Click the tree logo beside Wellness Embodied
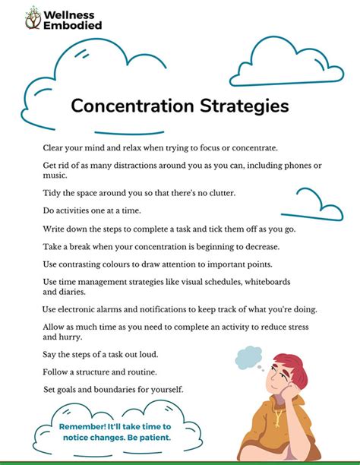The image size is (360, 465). (x=33, y=17)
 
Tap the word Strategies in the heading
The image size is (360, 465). (x=242, y=106)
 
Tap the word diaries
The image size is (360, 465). (x=80, y=291)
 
